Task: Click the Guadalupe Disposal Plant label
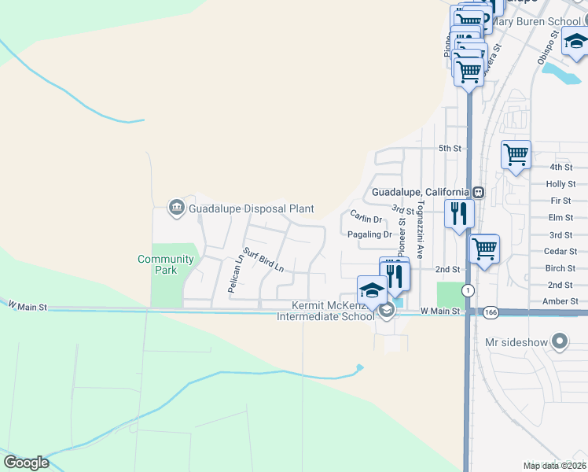(251, 208)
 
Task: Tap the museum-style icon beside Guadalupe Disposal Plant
(176, 208)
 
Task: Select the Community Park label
(165, 264)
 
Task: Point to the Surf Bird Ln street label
(262, 260)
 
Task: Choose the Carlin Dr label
(366, 218)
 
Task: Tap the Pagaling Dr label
(369, 234)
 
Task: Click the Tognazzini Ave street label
(421, 230)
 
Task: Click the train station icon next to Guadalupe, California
(478, 192)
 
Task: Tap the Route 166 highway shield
(491, 312)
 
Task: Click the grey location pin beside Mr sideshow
(560, 341)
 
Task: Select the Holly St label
(561, 184)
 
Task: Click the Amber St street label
(561, 301)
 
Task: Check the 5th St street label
(449, 148)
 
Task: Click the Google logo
(26, 463)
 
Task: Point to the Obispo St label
(548, 47)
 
